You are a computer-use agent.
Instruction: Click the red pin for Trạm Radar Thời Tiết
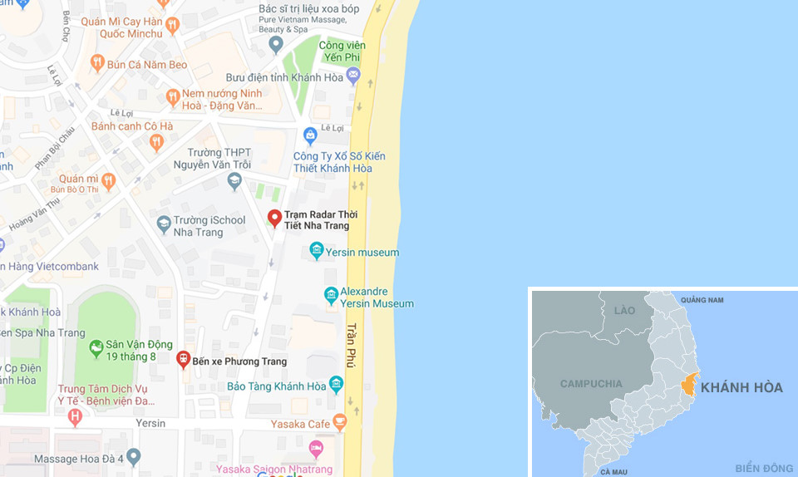coord(274,219)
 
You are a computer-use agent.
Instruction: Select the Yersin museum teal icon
coord(316,250)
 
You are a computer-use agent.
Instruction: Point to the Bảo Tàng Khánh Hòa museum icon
coord(336,384)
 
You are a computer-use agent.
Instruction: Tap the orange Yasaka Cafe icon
coord(339,422)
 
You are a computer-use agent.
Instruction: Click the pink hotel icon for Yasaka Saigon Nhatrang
coord(316,450)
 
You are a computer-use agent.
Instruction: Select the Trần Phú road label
coord(352,345)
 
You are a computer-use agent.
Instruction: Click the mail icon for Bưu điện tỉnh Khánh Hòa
coord(353,76)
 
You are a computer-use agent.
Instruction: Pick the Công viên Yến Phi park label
coord(346,52)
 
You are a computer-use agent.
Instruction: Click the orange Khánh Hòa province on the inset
coord(689,386)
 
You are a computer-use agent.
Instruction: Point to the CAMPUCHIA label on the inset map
coord(591,384)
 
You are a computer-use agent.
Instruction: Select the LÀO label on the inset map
coord(624,311)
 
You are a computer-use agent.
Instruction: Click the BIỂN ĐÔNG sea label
coord(763,468)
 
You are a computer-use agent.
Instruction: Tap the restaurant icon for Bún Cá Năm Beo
coord(97,62)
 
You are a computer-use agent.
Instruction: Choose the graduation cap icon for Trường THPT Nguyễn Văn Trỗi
coord(234,180)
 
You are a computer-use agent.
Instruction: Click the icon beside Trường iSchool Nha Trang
coord(164,223)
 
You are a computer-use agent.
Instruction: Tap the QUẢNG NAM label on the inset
coord(702,300)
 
